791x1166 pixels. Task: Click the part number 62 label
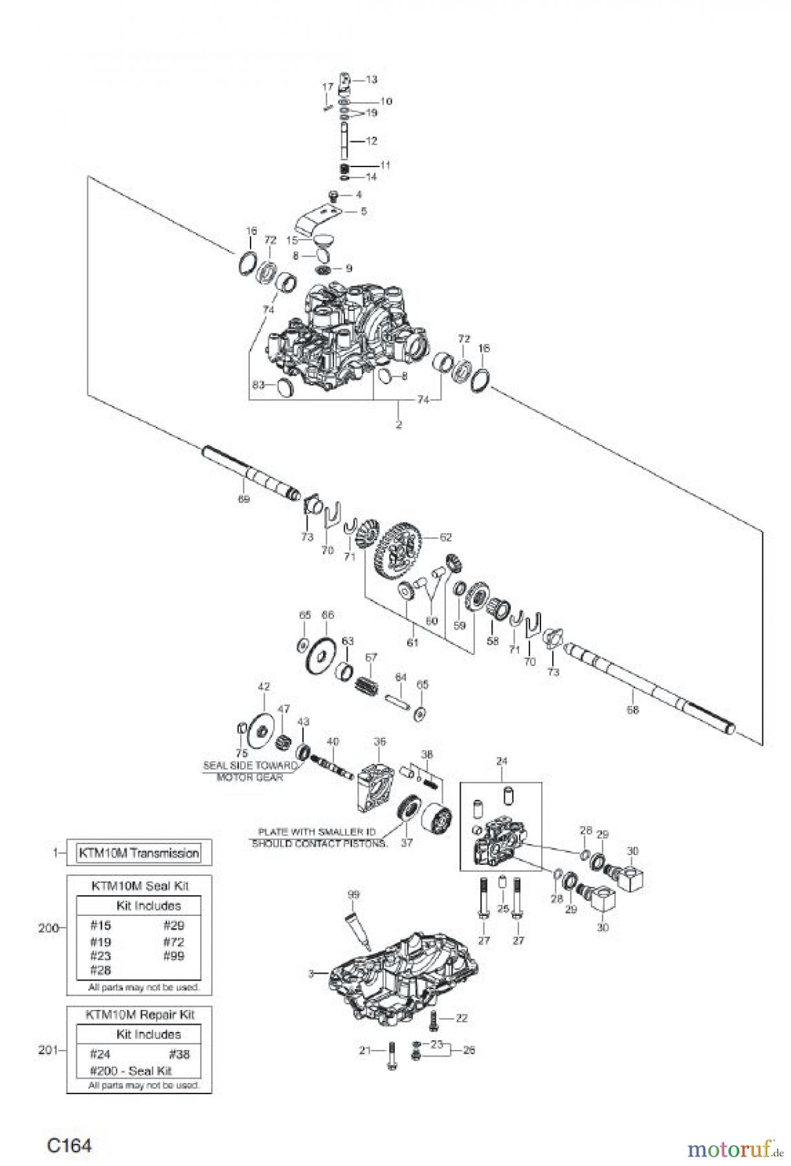coord(445,537)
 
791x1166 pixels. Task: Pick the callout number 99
coord(353,895)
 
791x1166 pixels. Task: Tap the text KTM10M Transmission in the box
coord(139,853)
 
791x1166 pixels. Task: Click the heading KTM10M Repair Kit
coord(140,1014)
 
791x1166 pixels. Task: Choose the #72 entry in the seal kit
coord(173,942)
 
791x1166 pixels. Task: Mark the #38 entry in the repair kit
coord(179,1054)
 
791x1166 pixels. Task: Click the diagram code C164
coord(69,1145)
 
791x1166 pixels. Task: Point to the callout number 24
coord(502,761)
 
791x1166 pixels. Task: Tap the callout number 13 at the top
coord(371,80)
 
